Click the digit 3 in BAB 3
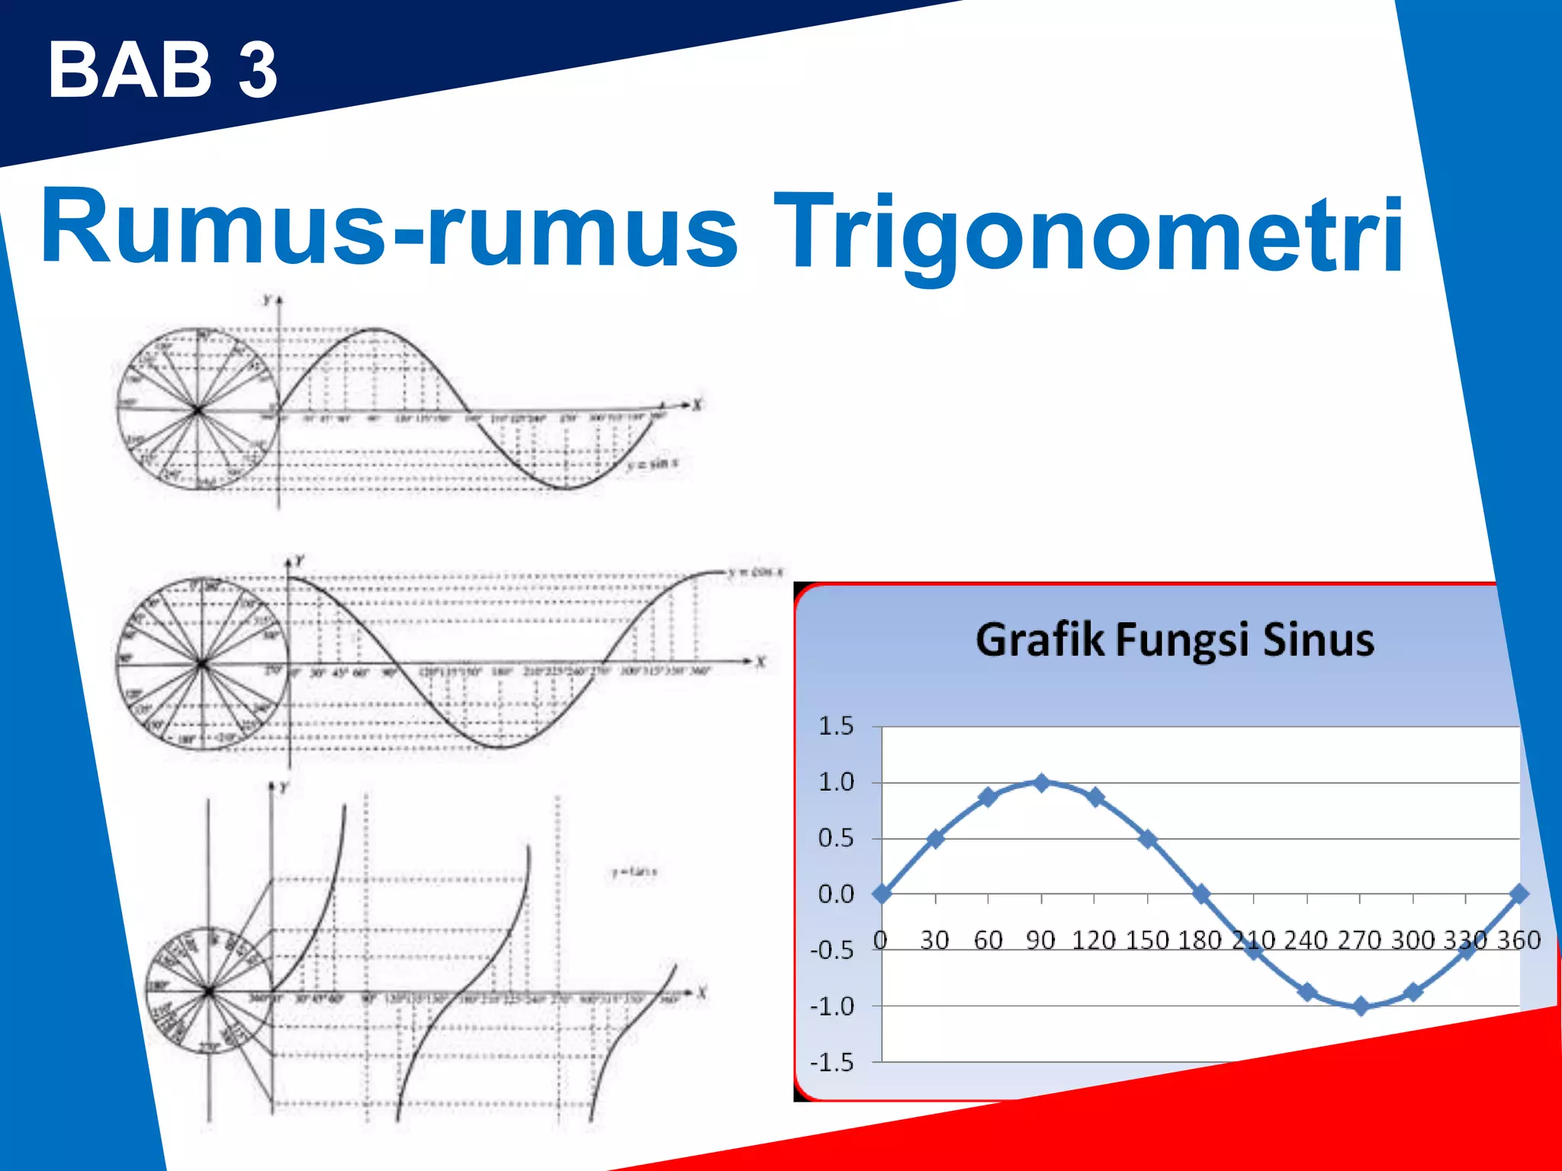258,70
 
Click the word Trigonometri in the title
1089,233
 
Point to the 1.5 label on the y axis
836,726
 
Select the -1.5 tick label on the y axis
831,1062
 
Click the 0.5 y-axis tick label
836,839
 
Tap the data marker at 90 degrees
1042,782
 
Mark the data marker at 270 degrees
1361,1006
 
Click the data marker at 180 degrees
1201,893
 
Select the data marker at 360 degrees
1519,893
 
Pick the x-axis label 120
1094,940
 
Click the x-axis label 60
988,940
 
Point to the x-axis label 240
1306,940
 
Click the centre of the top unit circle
198,410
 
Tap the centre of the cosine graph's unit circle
202,664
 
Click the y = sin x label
653,464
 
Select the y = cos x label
755,572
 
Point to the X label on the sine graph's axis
697,405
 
